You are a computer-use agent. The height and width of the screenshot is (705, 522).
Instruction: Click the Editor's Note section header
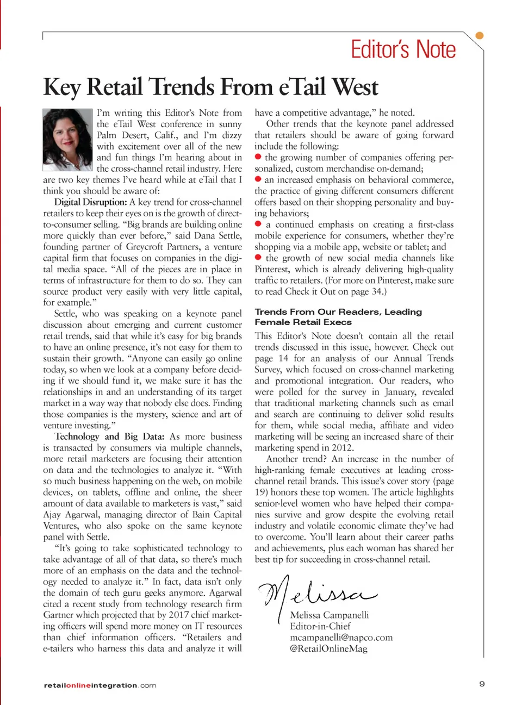(403, 49)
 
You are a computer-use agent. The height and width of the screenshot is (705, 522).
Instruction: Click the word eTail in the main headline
(301, 87)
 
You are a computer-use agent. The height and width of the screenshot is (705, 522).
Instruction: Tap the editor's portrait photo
(67, 140)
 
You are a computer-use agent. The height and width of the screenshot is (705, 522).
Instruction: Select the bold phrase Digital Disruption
(90, 202)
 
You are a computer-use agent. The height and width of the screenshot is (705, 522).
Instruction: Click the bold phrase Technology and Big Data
(109, 436)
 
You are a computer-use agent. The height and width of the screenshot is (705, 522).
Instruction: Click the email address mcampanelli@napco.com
(341, 637)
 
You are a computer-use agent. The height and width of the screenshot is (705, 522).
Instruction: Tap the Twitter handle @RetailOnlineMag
(328, 648)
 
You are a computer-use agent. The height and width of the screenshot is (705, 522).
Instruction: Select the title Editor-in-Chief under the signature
(320, 626)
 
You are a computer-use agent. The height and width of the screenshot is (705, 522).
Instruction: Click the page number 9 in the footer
(482, 684)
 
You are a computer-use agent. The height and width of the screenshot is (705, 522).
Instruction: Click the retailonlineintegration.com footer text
(100, 685)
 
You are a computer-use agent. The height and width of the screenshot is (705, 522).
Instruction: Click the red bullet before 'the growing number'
(258, 157)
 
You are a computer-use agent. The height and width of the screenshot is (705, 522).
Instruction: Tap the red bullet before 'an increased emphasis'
(258, 179)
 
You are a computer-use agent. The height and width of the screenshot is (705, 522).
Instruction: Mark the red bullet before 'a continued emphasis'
(258, 224)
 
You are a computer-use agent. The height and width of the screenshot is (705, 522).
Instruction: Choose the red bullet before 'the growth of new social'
(258, 258)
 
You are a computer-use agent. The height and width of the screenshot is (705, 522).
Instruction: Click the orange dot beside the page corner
(480, 36)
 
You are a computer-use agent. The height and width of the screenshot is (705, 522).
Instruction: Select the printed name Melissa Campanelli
(330, 615)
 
